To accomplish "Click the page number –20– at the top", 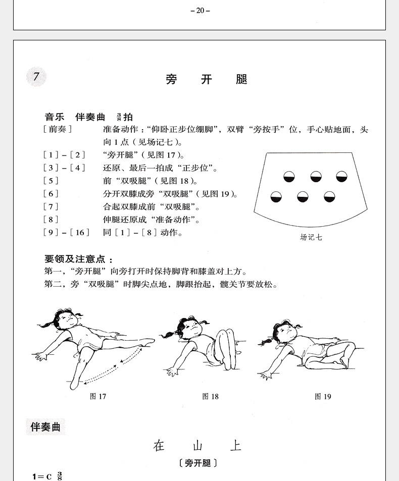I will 200,10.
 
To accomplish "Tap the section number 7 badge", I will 36,77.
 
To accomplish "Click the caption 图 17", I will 98,396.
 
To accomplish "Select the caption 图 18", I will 210,396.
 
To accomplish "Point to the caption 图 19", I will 323,396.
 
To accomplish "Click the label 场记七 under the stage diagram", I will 311,237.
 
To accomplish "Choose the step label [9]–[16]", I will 67,232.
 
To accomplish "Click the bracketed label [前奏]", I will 58,129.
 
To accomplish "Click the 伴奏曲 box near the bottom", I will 45,427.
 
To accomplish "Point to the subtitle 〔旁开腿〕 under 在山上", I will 198,462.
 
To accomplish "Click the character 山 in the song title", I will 197,446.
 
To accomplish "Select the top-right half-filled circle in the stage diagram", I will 341,176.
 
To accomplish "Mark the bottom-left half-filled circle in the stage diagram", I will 276,196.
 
